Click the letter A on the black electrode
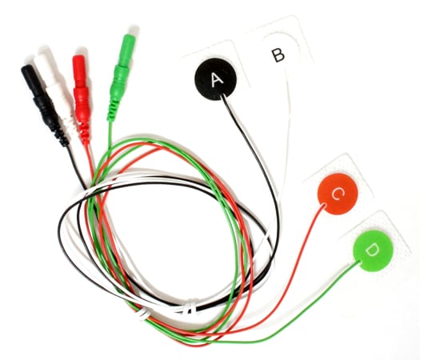click(217, 80)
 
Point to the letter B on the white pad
click(278, 55)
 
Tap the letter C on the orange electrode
click(338, 194)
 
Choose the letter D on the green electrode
click(373, 250)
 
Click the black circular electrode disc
click(216, 79)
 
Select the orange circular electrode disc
click(338, 194)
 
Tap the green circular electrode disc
click(374, 250)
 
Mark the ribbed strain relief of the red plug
click(84, 132)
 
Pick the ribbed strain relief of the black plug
click(61, 135)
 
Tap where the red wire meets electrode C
click(324, 205)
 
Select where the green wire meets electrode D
click(358, 262)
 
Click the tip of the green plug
click(130, 35)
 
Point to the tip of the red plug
click(78, 56)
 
